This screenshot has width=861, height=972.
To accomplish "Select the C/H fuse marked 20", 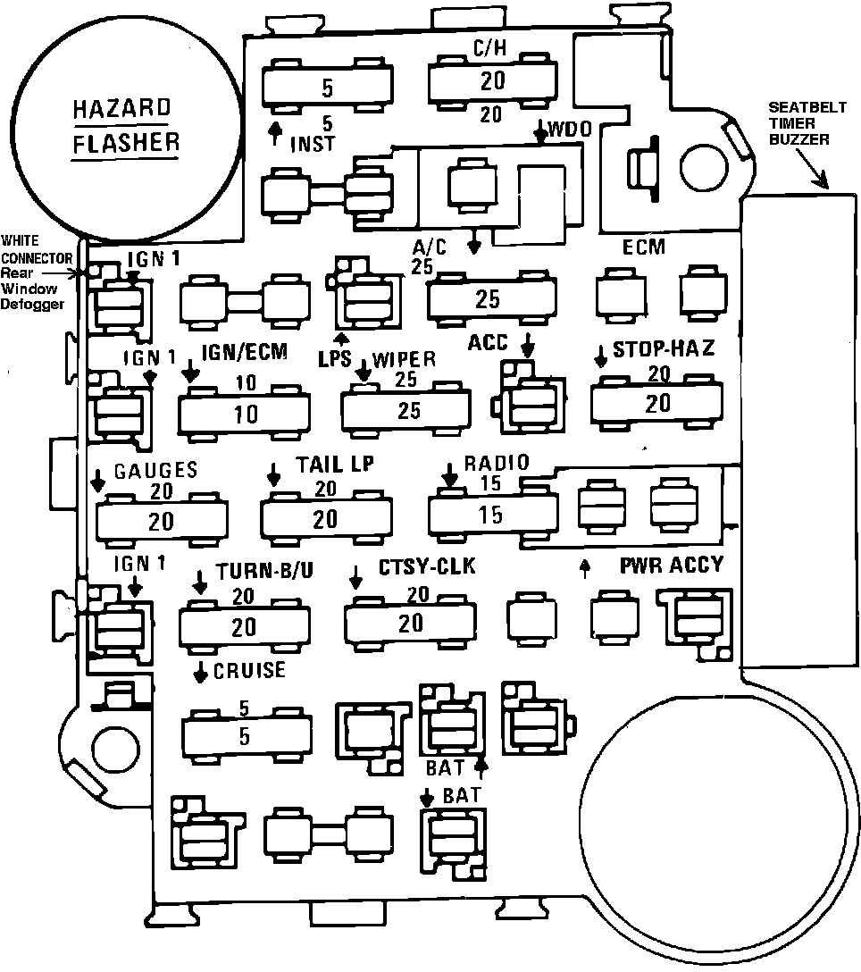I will [492, 81].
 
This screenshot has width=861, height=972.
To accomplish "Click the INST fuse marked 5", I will [328, 88].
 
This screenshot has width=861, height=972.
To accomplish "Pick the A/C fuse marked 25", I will [488, 299].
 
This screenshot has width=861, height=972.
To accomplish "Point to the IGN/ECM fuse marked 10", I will [244, 414].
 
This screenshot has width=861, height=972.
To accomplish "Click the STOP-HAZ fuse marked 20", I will [657, 403].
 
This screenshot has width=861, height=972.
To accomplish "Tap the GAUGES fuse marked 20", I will [161, 521].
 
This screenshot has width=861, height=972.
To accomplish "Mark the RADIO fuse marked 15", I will [491, 515].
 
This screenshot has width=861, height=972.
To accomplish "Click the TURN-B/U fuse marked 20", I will [243, 626].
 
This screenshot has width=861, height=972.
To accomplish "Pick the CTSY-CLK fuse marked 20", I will [411, 622].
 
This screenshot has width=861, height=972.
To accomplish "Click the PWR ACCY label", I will [672, 566].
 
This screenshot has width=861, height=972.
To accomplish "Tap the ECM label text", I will [643, 247].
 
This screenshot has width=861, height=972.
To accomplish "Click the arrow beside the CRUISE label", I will [200, 672].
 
